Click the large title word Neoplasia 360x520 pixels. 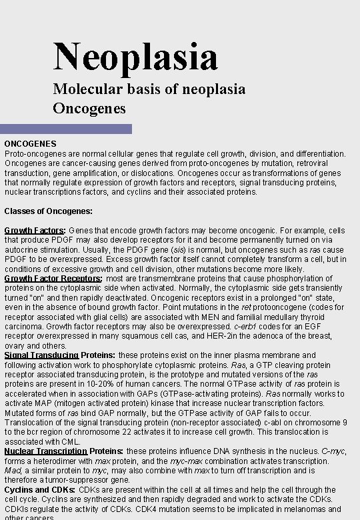point(135,56)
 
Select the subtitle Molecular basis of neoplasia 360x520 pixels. point(149,89)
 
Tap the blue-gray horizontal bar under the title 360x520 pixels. point(66,129)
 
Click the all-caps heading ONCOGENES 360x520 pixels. point(30,143)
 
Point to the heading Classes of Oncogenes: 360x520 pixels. point(49,211)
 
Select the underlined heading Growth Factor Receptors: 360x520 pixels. point(53,278)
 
